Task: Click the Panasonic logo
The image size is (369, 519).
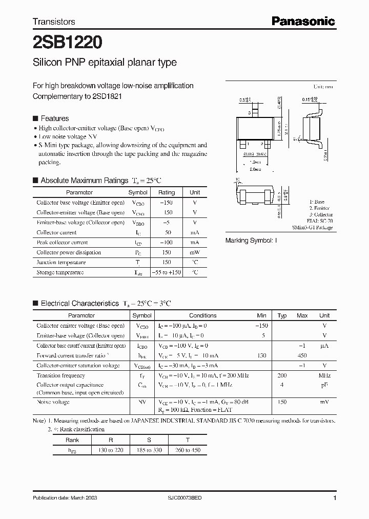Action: click(303, 21)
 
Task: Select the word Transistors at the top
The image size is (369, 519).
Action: click(54, 22)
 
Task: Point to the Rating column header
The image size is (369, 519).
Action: click(167, 192)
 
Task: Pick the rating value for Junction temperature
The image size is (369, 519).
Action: click(167, 262)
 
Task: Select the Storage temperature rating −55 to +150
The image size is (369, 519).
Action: click(167, 272)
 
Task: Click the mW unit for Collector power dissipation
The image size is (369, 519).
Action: click(195, 252)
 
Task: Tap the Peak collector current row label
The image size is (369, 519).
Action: click(62, 243)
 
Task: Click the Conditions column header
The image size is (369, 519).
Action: click(202, 315)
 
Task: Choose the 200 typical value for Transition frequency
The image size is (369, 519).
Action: click(282, 375)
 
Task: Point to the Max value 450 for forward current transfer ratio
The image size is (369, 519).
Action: click(302, 355)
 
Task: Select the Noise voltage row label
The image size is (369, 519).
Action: click(53, 403)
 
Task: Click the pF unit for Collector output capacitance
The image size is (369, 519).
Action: click(324, 385)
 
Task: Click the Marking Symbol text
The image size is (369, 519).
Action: click(251, 241)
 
